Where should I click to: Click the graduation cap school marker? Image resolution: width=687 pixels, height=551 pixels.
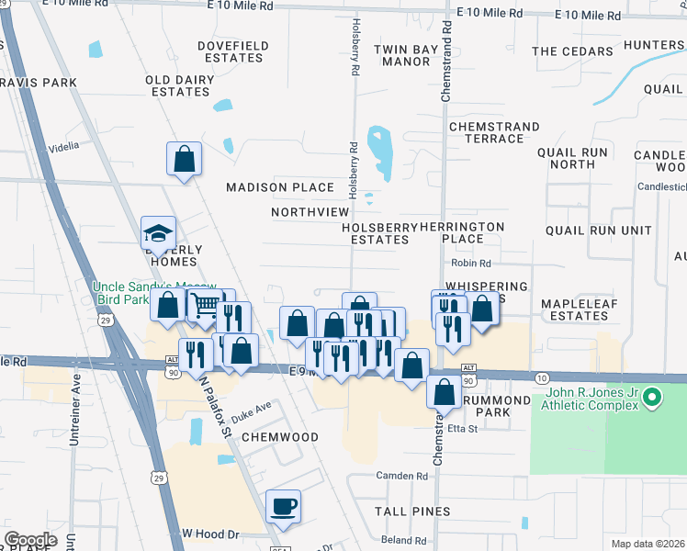(158, 234)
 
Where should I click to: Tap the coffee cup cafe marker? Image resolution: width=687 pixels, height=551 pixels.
(283, 506)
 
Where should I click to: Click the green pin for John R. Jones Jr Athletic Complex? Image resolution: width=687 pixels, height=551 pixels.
(652, 398)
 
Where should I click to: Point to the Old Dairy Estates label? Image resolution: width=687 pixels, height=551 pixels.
(178, 86)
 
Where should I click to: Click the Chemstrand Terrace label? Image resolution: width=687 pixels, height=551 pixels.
(486, 131)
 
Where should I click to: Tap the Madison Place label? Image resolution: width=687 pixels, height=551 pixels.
(281, 187)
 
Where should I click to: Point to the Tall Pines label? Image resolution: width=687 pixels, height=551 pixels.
(412, 512)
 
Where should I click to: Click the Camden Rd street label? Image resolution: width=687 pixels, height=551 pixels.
(402, 477)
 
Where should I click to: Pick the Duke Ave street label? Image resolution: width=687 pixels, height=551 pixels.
(252, 407)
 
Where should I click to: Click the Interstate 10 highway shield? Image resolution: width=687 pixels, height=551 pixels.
(540, 378)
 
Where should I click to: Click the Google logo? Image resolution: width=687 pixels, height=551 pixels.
(30, 540)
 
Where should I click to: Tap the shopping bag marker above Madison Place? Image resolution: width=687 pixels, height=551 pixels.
(185, 159)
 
